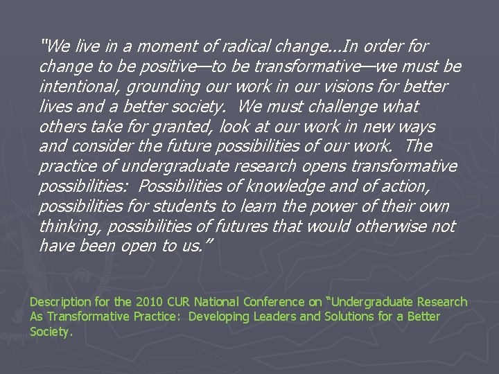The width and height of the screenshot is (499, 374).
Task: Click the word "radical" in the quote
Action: pos(244,47)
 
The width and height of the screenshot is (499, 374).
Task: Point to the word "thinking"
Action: pos(71,226)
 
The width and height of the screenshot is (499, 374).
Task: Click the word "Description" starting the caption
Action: pos(60,302)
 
